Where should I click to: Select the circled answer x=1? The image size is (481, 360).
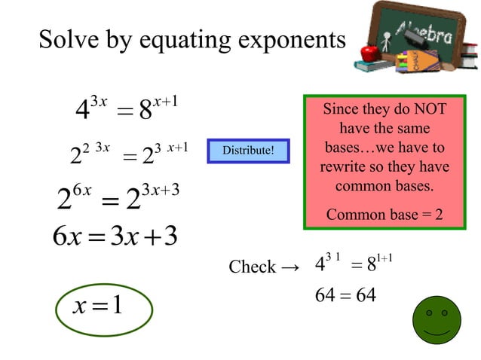[98, 306]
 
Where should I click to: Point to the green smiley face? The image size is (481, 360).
[437, 319]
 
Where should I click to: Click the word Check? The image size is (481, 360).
[252, 267]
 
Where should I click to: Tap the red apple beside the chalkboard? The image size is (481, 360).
[369, 53]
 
